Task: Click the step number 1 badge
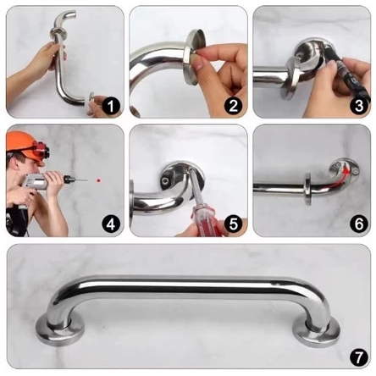click(x=111, y=106)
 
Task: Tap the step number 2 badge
click(x=234, y=106)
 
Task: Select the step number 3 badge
click(x=359, y=106)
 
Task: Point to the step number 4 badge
click(x=111, y=224)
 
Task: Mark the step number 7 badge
click(x=359, y=357)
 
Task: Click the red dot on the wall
click(x=98, y=180)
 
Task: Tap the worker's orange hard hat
click(x=24, y=147)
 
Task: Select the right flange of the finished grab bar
click(x=317, y=332)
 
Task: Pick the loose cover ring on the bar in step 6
click(x=307, y=190)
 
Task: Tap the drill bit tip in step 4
click(x=87, y=180)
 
